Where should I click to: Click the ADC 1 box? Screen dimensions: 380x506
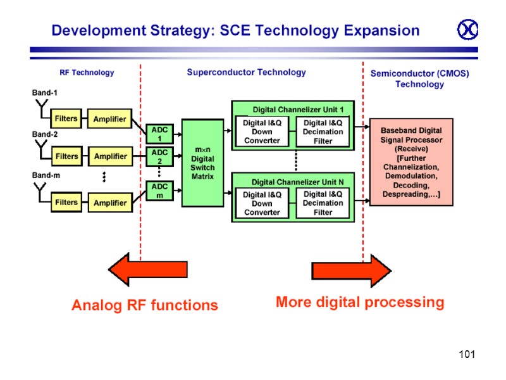159,134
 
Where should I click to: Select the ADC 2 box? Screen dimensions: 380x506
159,156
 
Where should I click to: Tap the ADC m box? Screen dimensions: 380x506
159,191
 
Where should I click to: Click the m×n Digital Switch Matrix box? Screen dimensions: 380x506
202,163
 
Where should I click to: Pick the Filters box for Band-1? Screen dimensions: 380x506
66,118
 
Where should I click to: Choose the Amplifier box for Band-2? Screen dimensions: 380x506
110,156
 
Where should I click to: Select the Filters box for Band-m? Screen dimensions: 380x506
66,203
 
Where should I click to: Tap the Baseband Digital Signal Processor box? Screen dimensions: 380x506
411,161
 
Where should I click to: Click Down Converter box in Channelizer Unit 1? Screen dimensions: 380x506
262,132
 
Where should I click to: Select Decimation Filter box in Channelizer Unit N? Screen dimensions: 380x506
323,203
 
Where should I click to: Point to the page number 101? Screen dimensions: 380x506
467,354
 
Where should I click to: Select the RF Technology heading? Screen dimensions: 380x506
87,73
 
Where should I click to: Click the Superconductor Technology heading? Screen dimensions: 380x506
246,73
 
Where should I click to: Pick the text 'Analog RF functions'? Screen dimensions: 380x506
144,305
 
